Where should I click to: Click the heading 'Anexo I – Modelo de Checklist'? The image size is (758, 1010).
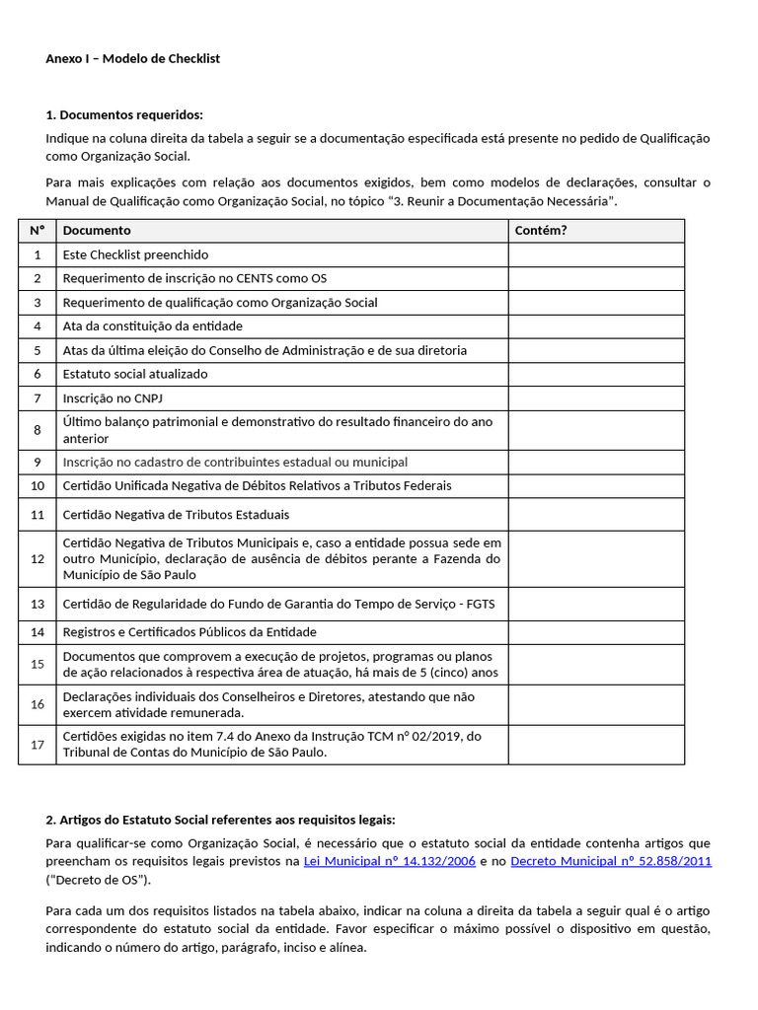132,58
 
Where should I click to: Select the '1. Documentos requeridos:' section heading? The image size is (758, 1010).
124,115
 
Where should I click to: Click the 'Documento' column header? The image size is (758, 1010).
97,231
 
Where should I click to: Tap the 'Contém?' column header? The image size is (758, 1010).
541,231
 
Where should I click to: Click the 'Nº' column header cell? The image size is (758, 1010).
38,231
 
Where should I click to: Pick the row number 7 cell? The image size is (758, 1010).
38,398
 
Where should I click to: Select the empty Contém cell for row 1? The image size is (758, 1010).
596,255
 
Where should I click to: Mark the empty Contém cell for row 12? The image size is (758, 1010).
596,559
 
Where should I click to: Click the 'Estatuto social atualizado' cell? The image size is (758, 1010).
135,375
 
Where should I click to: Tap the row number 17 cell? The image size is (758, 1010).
38,745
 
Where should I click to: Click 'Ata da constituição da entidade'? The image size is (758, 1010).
152,326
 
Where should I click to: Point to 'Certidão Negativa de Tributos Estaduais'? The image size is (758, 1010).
176,515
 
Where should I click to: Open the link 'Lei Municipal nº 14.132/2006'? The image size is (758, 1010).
390,861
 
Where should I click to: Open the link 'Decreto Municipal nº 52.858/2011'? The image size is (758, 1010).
611,861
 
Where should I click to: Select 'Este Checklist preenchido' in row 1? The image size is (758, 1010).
135,255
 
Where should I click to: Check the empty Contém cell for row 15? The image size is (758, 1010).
596,665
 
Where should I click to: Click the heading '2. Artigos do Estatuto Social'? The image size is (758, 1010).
220,820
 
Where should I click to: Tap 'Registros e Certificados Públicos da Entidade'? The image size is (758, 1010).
189,632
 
